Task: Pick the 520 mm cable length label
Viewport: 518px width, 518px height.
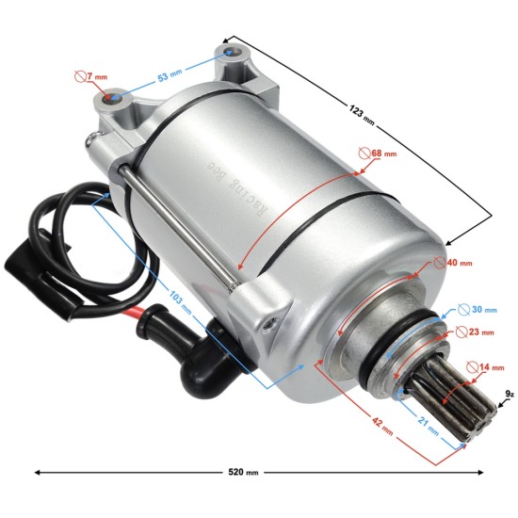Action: click(239, 473)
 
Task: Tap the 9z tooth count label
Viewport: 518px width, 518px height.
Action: click(509, 395)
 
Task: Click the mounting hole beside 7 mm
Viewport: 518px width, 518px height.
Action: click(111, 97)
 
